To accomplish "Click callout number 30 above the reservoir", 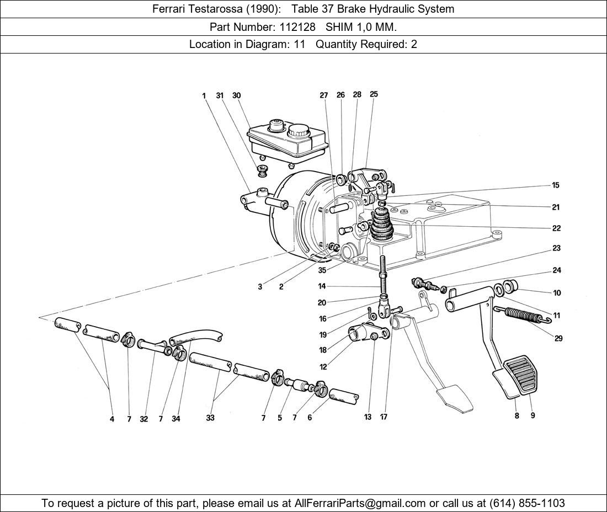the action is coord(237,95).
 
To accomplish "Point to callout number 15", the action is coord(556,185).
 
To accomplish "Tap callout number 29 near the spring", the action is coord(558,338).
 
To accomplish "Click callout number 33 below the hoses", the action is coord(210,418).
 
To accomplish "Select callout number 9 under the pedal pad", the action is coord(533,415).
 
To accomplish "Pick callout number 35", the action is coord(322,270).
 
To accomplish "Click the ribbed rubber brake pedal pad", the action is coord(521,374).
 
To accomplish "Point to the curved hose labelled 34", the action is coord(195,337).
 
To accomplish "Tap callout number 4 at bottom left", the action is coord(112,419).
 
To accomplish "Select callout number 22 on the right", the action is coord(556,228).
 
